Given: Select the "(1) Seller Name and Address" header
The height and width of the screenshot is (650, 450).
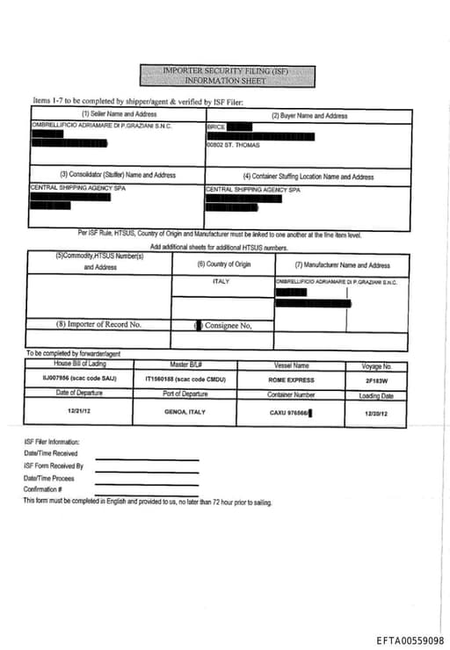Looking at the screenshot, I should tap(120, 114).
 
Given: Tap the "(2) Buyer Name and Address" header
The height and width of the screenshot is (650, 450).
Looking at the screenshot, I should tap(308, 115).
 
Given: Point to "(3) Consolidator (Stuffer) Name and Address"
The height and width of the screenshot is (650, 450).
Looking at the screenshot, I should tap(118, 175).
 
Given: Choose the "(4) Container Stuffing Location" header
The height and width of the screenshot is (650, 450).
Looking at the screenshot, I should tap(308, 176).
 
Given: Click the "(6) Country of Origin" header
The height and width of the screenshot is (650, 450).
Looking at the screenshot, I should tap(223, 264).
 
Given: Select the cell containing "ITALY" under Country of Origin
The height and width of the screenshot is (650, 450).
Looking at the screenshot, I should tap(221, 282).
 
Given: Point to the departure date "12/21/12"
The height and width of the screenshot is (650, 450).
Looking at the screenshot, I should tap(78, 410).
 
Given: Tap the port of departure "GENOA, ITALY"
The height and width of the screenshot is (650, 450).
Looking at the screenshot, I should tap(185, 410).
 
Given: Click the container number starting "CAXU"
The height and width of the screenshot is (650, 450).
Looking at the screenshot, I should tap(290, 410).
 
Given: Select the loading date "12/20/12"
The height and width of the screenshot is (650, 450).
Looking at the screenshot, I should tap(375, 410).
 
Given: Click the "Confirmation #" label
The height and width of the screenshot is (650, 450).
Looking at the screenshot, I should tap(43, 489).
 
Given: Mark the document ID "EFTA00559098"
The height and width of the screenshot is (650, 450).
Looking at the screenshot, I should tap(410, 641).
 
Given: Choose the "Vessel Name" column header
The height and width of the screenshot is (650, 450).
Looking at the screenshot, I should tap(289, 365).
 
